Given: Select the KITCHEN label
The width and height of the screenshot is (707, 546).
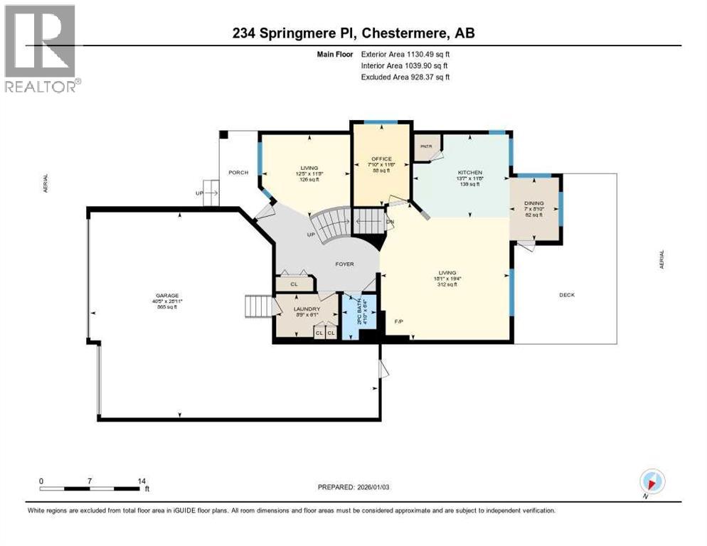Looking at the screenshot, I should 469,173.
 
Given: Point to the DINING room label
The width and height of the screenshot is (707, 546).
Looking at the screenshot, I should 533,203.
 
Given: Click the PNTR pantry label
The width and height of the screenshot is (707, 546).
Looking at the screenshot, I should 426,146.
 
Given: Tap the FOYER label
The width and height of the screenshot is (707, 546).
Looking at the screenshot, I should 345,264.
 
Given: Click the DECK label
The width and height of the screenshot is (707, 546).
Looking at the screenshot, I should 566,295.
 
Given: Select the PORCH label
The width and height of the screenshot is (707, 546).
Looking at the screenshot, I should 238,173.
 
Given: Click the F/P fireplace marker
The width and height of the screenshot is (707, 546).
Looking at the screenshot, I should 399,322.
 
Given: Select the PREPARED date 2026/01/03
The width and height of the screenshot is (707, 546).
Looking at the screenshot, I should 353,487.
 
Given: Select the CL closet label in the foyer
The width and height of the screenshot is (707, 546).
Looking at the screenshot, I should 294,284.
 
